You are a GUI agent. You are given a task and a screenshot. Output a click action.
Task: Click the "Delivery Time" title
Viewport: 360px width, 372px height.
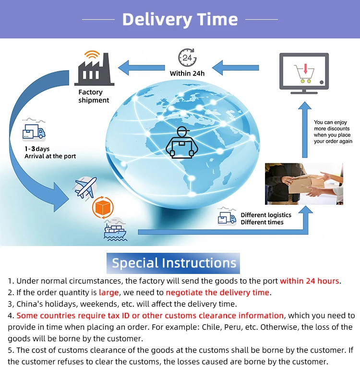pyautogui.click(x=180, y=19)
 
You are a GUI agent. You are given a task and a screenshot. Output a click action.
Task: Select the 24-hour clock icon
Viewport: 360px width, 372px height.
pyautogui.click(x=187, y=58)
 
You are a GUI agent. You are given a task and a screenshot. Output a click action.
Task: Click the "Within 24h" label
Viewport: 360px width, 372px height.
pyautogui.click(x=187, y=74)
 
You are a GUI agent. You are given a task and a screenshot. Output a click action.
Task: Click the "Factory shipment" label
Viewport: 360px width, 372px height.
pyautogui.click(x=94, y=96)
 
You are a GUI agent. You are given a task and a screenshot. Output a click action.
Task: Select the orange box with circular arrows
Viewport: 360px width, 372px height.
pyautogui.click(x=102, y=208)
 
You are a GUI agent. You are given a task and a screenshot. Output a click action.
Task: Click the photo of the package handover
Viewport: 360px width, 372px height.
pyautogui.click(x=304, y=184)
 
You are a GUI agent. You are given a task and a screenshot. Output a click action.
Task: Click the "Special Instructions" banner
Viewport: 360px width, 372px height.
pyautogui.click(x=174, y=263)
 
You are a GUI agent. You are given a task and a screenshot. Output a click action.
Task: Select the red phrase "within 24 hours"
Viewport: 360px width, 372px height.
pyautogui.click(x=310, y=281)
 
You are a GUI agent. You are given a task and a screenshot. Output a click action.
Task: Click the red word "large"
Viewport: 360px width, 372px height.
pyautogui.click(x=108, y=292)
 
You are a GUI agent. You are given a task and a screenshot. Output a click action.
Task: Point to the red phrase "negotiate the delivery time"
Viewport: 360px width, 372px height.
pyautogui.click(x=218, y=292)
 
